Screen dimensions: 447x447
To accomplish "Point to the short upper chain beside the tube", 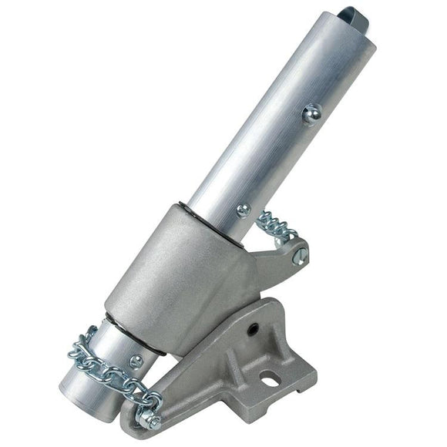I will (x=277, y=225).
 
